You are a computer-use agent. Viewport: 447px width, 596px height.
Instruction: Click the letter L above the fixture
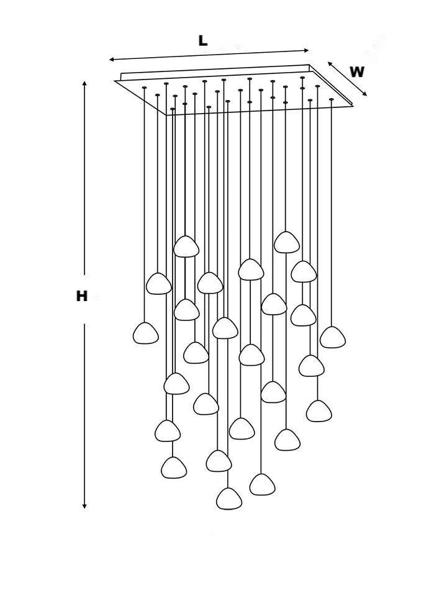click(x=202, y=41)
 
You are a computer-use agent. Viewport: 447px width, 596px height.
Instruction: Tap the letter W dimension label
click(x=356, y=72)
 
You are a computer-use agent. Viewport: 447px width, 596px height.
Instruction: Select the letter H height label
click(x=81, y=297)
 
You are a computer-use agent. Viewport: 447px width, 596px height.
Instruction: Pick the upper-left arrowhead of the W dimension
click(x=330, y=63)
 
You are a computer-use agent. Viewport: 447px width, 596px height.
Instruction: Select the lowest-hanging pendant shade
click(x=229, y=499)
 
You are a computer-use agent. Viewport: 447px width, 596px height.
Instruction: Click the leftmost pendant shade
click(x=146, y=333)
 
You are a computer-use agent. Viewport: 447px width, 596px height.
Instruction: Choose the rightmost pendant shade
click(x=333, y=337)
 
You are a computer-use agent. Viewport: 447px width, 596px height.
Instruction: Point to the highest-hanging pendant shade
click(x=287, y=242)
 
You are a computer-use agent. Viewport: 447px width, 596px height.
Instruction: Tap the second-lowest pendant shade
click(x=262, y=484)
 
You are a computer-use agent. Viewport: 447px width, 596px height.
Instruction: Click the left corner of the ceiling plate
click(x=115, y=81)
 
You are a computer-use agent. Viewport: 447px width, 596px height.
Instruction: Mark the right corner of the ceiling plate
click(x=352, y=106)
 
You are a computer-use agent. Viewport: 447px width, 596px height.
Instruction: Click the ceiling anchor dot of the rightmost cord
click(x=332, y=99)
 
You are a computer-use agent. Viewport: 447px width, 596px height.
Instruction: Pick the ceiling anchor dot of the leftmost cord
click(x=145, y=88)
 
